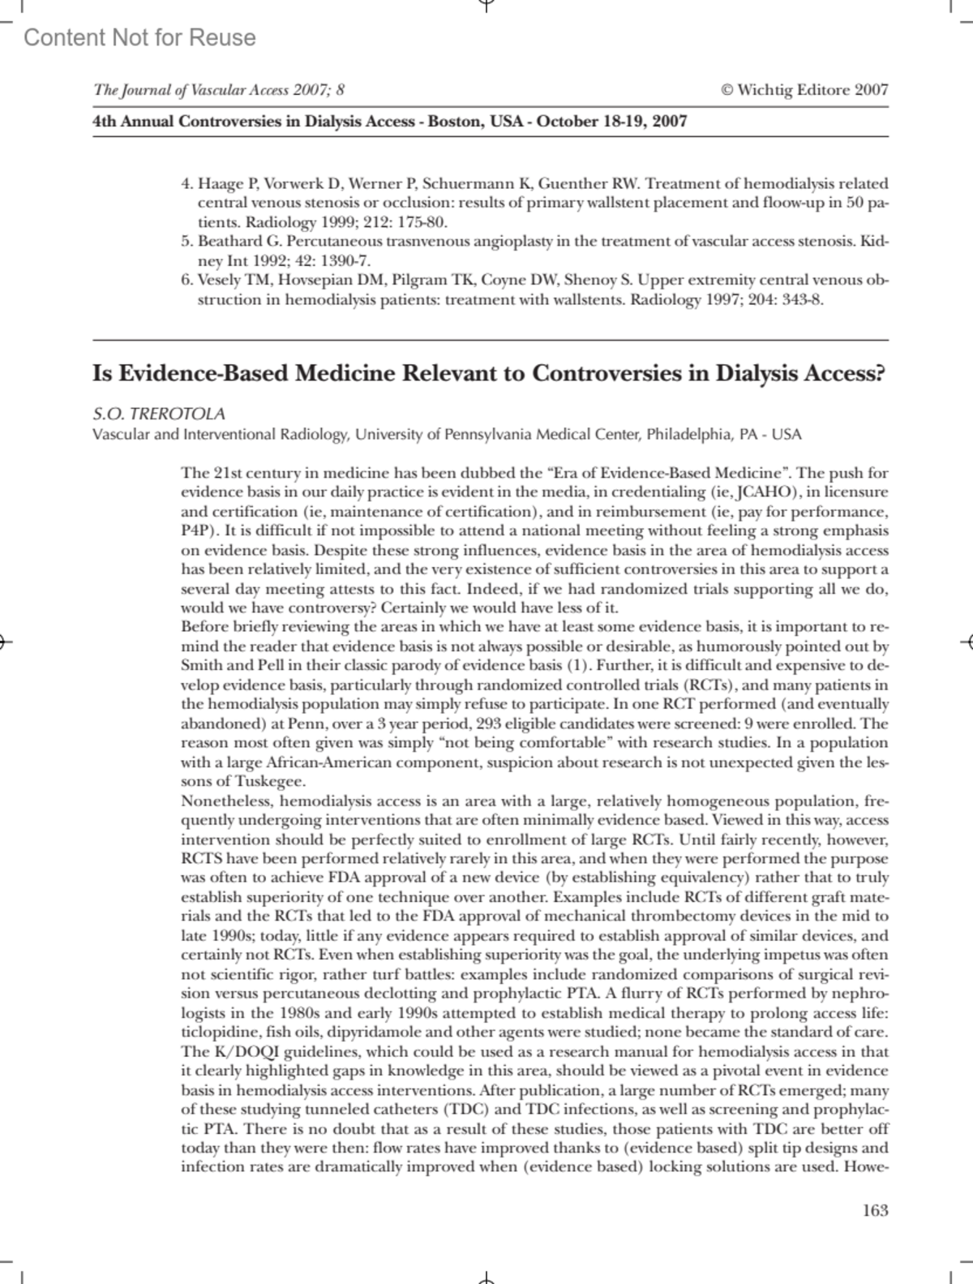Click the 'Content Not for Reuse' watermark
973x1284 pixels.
pos(139,37)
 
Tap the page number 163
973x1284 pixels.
pos(875,1210)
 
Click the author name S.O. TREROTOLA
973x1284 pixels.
pos(159,414)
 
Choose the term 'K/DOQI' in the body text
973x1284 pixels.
pos(236,1051)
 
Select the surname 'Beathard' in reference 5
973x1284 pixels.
pos(230,242)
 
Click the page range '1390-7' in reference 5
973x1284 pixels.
pos(348,261)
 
